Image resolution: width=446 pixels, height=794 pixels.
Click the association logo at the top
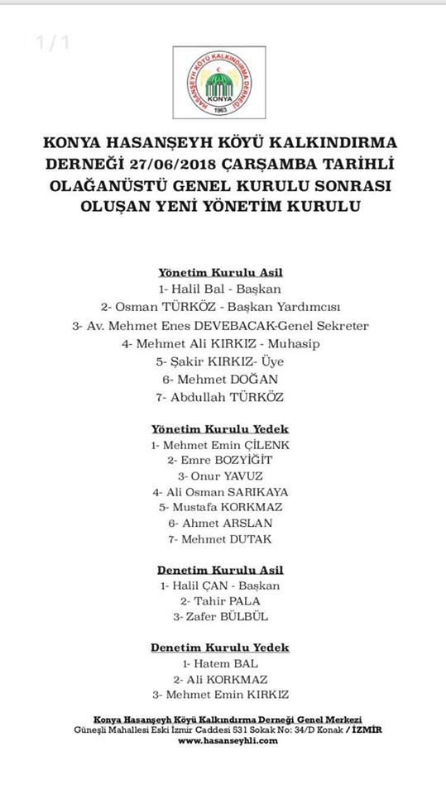(x=220, y=82)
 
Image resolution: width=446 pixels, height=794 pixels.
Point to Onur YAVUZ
(x=220, y=476)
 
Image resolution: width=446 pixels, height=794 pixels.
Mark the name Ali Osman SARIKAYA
(x=220, y=491)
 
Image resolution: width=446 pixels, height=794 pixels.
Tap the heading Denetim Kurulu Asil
(x=220, y=570)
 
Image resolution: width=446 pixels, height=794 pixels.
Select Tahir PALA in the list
(x=220, y=600)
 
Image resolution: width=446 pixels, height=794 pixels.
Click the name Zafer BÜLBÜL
(x=220, y=616)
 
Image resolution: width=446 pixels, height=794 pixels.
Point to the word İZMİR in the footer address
(x=365, y=730)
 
